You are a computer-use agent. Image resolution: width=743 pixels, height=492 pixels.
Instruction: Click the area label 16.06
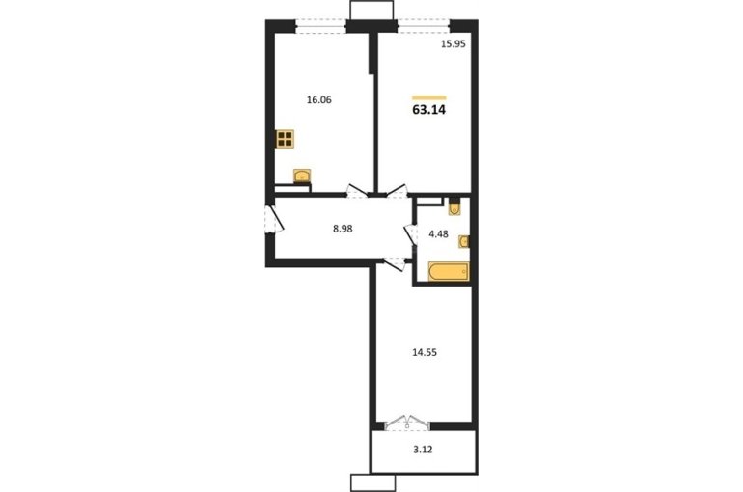pos(318,100)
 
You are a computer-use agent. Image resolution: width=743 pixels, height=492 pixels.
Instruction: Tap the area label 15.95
pos(454,44)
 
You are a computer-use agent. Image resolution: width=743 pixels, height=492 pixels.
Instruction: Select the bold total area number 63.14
pos(429,110)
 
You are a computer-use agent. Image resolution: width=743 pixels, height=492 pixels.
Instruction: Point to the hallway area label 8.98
pos(343,229)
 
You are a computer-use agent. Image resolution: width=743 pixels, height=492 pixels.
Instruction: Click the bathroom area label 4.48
pos(438,233)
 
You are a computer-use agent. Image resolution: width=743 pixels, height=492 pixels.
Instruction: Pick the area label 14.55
pos(425,352)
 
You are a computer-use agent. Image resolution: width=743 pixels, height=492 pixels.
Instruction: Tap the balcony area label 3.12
pos(423,450)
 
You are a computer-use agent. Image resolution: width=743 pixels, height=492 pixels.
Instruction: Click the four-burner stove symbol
pos(285,138)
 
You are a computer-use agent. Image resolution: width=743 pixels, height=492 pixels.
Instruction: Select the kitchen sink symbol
pos(302,176)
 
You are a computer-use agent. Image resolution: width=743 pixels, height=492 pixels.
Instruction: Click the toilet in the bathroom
pos(454,207)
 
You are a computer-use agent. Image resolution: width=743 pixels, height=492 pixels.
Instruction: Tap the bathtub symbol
pos(449,272)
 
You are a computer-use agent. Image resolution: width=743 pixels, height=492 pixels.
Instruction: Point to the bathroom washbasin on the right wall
pos(464,242)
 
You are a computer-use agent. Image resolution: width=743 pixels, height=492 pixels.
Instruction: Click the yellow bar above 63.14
pos(429,98)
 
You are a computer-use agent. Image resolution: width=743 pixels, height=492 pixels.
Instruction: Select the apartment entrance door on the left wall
pos(274,219)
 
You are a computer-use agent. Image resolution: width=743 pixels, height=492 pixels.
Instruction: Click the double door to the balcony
pos(406,423)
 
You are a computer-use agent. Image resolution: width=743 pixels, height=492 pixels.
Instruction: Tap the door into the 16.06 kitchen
pos(357,191)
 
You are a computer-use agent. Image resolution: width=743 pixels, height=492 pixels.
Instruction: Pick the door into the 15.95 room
pos(398,191)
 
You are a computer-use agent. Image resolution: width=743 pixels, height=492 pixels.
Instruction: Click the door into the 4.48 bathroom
pos(410,233)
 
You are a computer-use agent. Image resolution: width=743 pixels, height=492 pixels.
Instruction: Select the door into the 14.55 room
pos(395,263)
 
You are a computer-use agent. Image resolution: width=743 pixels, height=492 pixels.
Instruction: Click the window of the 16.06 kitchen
pos(320,26)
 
